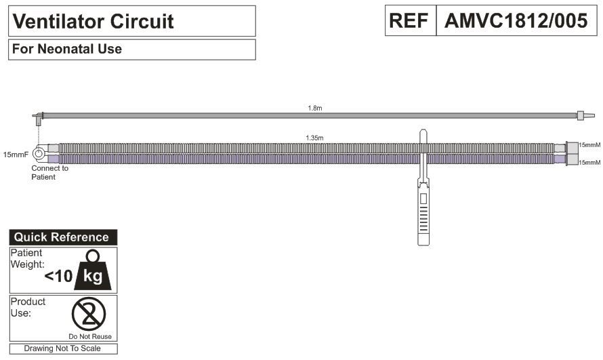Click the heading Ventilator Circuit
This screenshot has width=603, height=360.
coord(93,22)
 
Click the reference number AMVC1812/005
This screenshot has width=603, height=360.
coord(516,21)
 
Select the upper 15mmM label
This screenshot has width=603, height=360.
coord(589,145)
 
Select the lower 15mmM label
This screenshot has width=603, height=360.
coord(589,163)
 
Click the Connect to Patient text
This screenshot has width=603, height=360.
coord(49,172)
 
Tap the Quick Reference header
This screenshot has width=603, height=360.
coord(62,237)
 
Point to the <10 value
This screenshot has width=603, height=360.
coord(58,276)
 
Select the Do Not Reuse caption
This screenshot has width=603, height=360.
coord(90,336)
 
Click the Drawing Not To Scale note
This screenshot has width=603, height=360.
coord(62,348)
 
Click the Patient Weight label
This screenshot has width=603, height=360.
coord(28,258)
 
